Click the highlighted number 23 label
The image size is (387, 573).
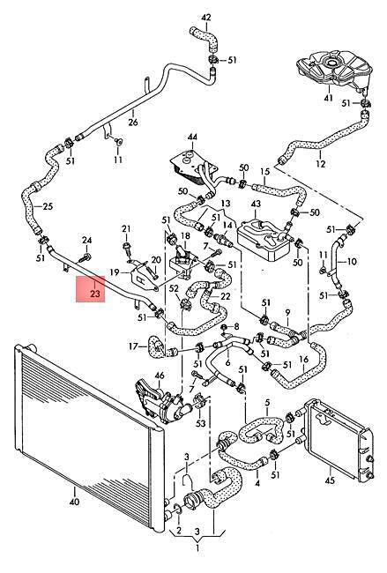[x=95, y=293]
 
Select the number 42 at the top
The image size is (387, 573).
[x=206, y=18]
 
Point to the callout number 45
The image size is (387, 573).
[x=330, y=480]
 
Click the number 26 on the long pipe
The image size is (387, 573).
[x=133, y=122]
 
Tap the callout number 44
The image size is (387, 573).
[x=192, y=137]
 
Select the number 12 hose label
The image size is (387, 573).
[x=321, y=163]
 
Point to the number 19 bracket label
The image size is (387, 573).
[x=115, y=272]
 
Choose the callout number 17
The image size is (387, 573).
[x=133, y=346]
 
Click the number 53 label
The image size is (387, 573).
[x=201, y=423]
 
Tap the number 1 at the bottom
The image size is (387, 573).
[x=197, y=547]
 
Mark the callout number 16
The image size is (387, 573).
[x=303, y=360]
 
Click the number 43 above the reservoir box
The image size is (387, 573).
[x=256, y=203]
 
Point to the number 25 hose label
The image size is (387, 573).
[x=48, y=206]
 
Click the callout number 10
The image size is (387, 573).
[x=351, y=261]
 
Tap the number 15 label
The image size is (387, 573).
[x=264, y=171]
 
